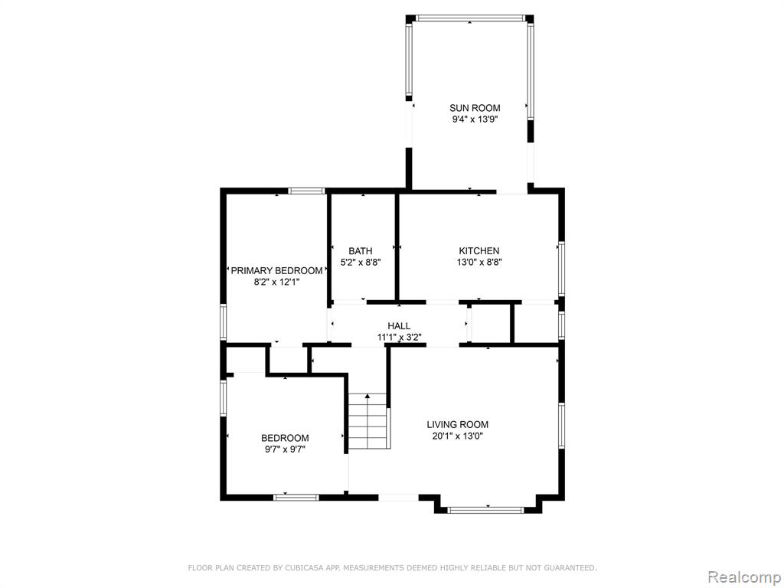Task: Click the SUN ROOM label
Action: [x=475, y=107]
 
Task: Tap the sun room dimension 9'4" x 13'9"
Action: [x=475, y=119]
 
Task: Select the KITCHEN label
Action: [x=479, y=250]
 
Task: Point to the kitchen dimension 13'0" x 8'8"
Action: [x=479, y=262]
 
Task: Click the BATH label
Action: [x=360, y=250]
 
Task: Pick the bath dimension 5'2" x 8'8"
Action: [x=360, y=262]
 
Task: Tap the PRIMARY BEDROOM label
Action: [x=276, y=270]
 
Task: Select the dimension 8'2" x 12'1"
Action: [x=276, y=282]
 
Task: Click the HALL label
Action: [x=399, y=326]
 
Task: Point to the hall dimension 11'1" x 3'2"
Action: [x=399, y=338]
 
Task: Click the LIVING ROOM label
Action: [x=458, y=424]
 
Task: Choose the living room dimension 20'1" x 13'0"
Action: [x=458, y=436]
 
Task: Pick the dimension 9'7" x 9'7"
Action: [x=285, y=449]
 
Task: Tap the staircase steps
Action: [x=368, y=421]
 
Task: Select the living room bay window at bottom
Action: [x=485, y=510]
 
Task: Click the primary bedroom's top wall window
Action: [x=306, y=191]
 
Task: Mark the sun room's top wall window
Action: [x=469, y=18]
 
